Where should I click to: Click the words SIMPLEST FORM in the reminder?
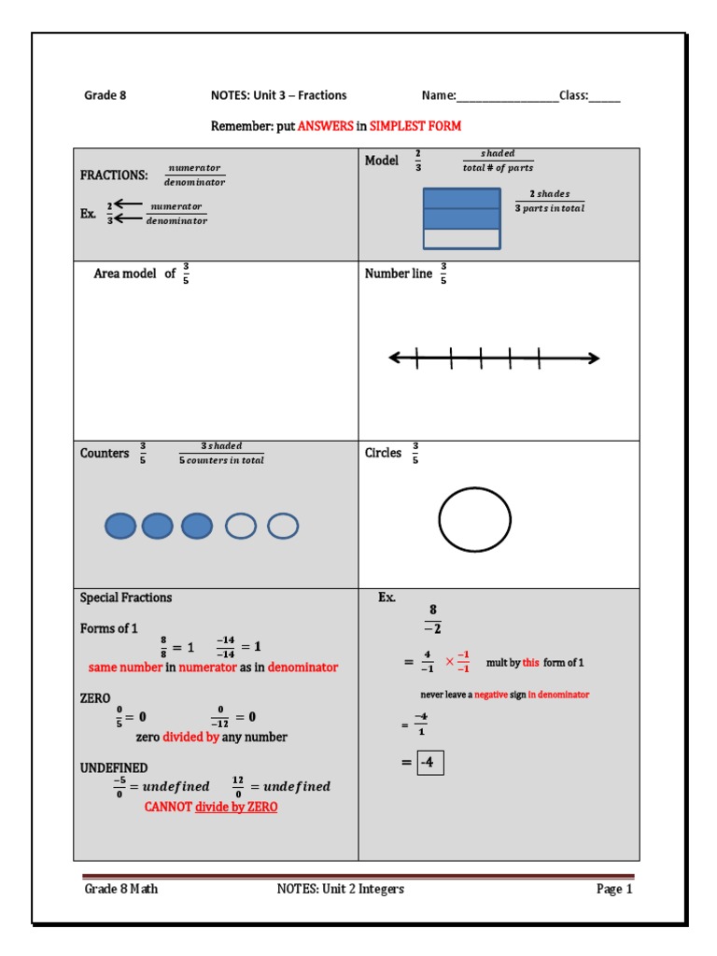tap(415, 126)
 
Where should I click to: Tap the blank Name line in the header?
tap(507, 96)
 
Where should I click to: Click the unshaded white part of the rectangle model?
tap(462, 239)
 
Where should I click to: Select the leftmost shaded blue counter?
tap(119, 527)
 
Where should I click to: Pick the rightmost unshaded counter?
tap(283, 527)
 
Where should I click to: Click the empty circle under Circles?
tap(474, 519)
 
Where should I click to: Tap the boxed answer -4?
tap(430, 763)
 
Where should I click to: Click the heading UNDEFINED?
tap(114, 767)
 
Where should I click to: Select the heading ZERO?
tap(95, 697)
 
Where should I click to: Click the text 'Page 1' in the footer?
tap(614, 889)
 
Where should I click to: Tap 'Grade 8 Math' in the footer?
tap(121, 889)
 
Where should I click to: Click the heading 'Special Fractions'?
tap(126, 597)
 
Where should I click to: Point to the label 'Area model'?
tap(125, 274)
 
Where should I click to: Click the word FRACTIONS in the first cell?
tap(114, 175)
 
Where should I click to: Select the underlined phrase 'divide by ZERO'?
tap(236, 807)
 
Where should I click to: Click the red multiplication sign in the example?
tap(449, 662)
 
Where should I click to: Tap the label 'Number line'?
tap(399, 274)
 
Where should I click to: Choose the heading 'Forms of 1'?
tap(109, 628)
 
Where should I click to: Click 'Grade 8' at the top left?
tap(105, 95)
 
